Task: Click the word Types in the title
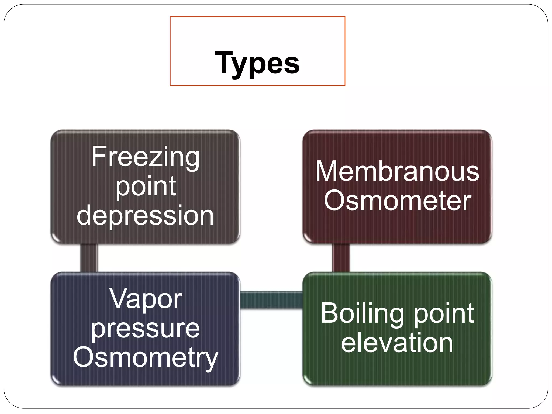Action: point(257,63)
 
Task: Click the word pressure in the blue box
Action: point(145,329)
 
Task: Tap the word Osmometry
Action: point(145,358)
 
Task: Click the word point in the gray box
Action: point(146,187)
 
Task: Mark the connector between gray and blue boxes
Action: point(89,258)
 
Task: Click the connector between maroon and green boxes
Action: point(341,258)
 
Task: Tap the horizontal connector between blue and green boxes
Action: point(271,300)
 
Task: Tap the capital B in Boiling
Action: point(329,313)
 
